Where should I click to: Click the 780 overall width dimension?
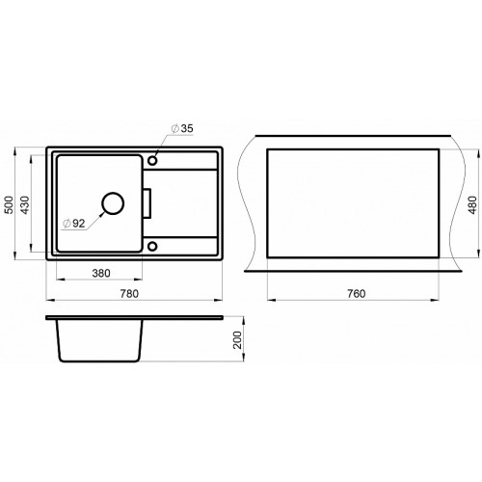[x=129, y=294]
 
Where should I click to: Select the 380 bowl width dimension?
[x=101, y=274]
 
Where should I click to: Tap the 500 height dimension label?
[x=10, y=204]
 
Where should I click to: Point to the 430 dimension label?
[x=25, y=204]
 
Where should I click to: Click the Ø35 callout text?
[x=182, y=128]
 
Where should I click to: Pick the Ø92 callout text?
[x=74, y=224]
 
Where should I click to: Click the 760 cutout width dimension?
[x=356, y=294]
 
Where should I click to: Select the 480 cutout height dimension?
[x=473, y=204]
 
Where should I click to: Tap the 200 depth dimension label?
[x=237, y=340]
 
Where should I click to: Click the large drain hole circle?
[x=113, y=193]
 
